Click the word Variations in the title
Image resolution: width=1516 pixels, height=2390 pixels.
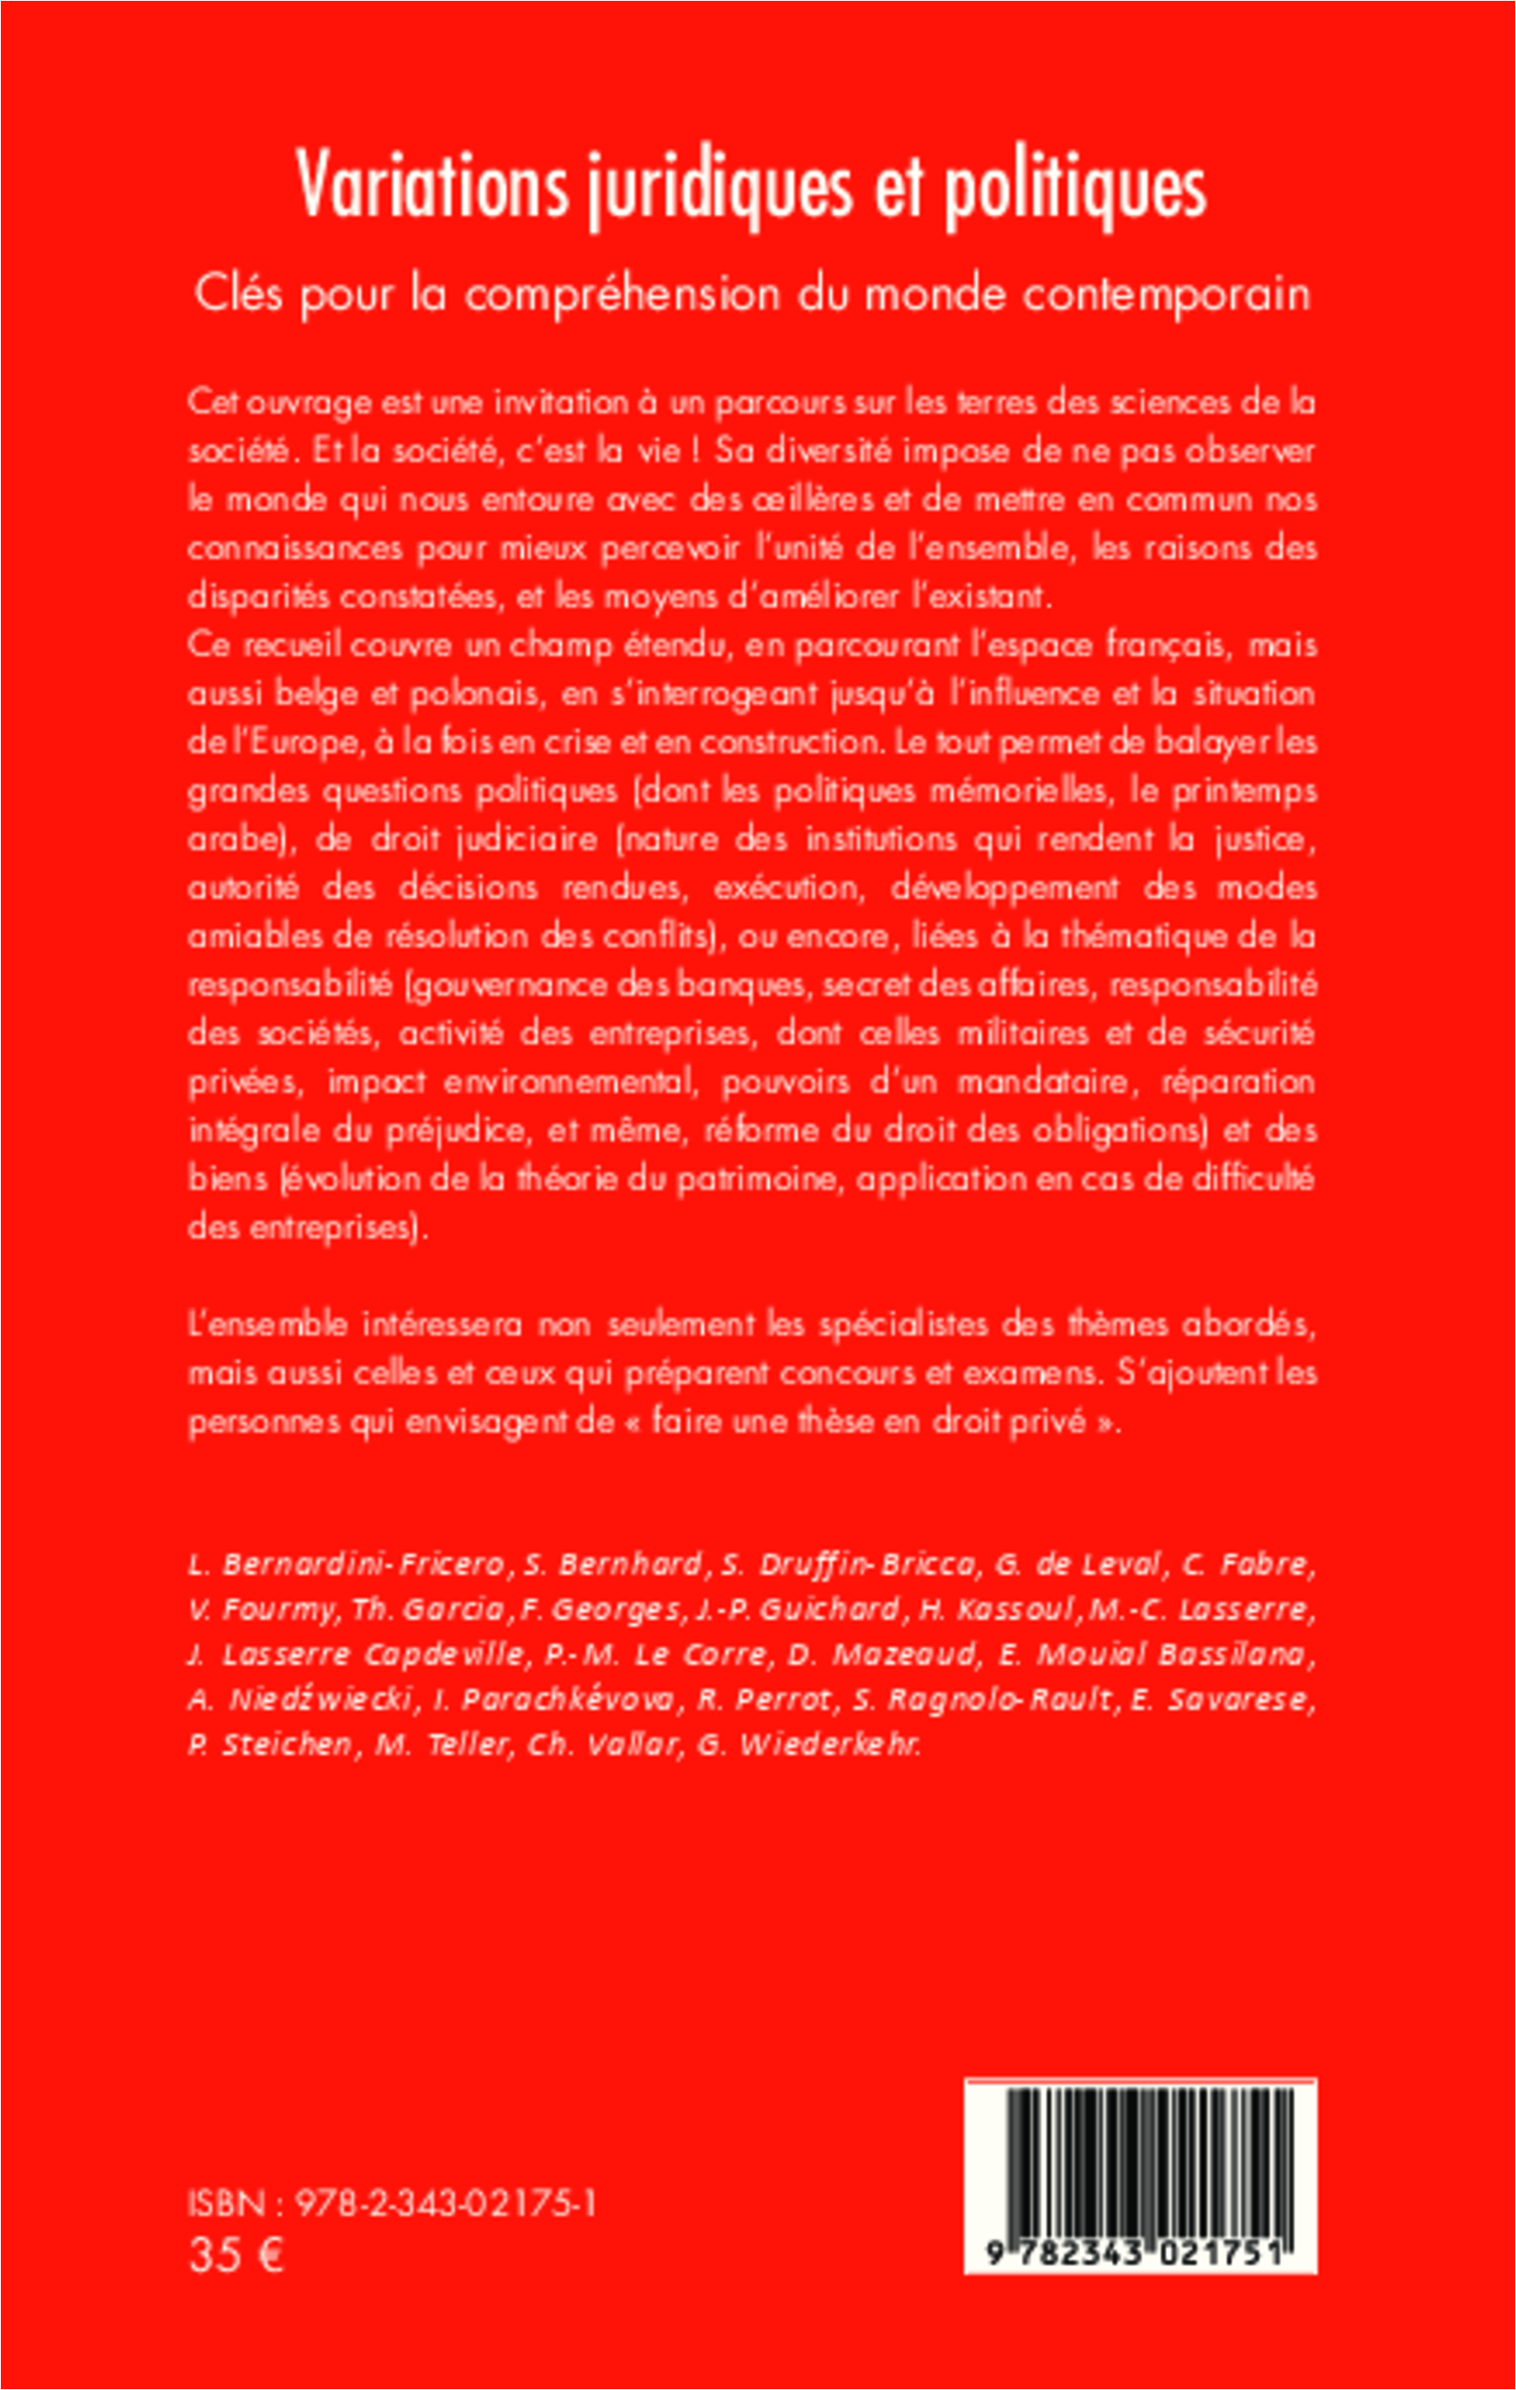432,186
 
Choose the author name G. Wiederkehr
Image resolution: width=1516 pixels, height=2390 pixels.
808,1744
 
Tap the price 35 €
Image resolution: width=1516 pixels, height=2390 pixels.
236,2255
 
